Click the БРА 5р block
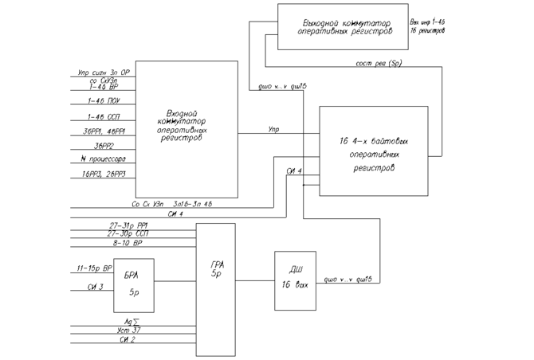pyautogui.click(x=133, y=284)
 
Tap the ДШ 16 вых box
pyautogui.click(x=295, y=280)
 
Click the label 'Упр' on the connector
pyautogui.click(x=274, y=128)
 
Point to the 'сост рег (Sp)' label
pyautogui.click(x=379, y=63)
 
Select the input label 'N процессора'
pyautogui.click(x=103, y=159)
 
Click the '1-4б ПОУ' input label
pyautogui.click(x=104, y=101)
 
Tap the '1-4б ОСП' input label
pyautogui.click(x=104, y=116)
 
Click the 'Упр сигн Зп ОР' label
pyautogui.click(x=104, y=72)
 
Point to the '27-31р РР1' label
pyautogui.click(x=129, y=225)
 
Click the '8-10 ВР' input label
pyautogui.click(x=127, y=243)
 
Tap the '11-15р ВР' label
pyautogui.click(x=95, y=269)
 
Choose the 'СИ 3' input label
pyautogui.click(x=96, y=287)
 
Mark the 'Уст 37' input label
pyautogui.click(x=128, y=331)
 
